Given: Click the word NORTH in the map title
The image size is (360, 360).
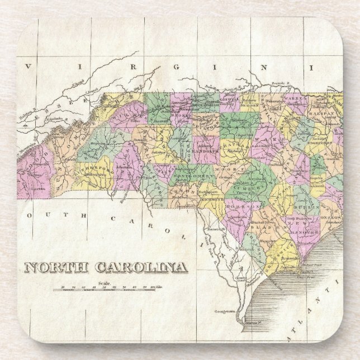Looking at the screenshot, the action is [x=54, y=267].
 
